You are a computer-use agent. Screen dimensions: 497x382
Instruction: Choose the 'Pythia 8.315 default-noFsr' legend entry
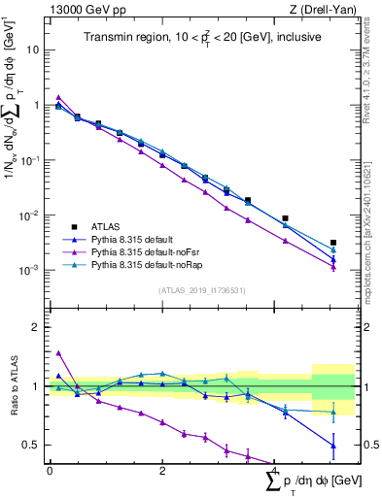(156, 251)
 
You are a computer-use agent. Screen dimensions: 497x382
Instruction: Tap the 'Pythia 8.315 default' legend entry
(144, 238)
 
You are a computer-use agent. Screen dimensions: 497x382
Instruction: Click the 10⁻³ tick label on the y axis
(30, 271)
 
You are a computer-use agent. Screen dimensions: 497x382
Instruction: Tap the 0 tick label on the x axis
(50, 470)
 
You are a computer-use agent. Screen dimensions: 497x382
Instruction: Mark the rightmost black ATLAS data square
(333, 243)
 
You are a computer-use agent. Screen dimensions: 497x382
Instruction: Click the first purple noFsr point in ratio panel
(58, 353)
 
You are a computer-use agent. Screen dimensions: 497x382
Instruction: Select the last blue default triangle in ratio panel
(333, 446)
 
